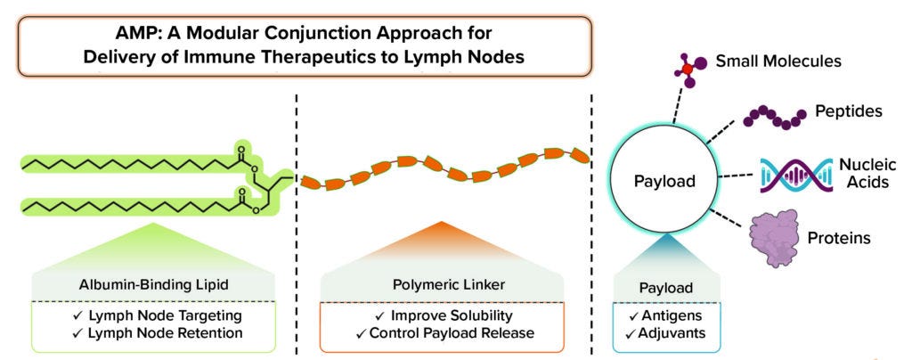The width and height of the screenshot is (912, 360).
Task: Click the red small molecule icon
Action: coord(688,70)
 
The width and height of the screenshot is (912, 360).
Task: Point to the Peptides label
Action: coord(849,113)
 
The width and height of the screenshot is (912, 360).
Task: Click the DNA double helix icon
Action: coord(783,174)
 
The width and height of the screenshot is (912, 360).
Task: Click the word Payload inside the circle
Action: coord(664,181)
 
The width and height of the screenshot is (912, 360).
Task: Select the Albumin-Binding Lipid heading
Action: coord(153,284)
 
